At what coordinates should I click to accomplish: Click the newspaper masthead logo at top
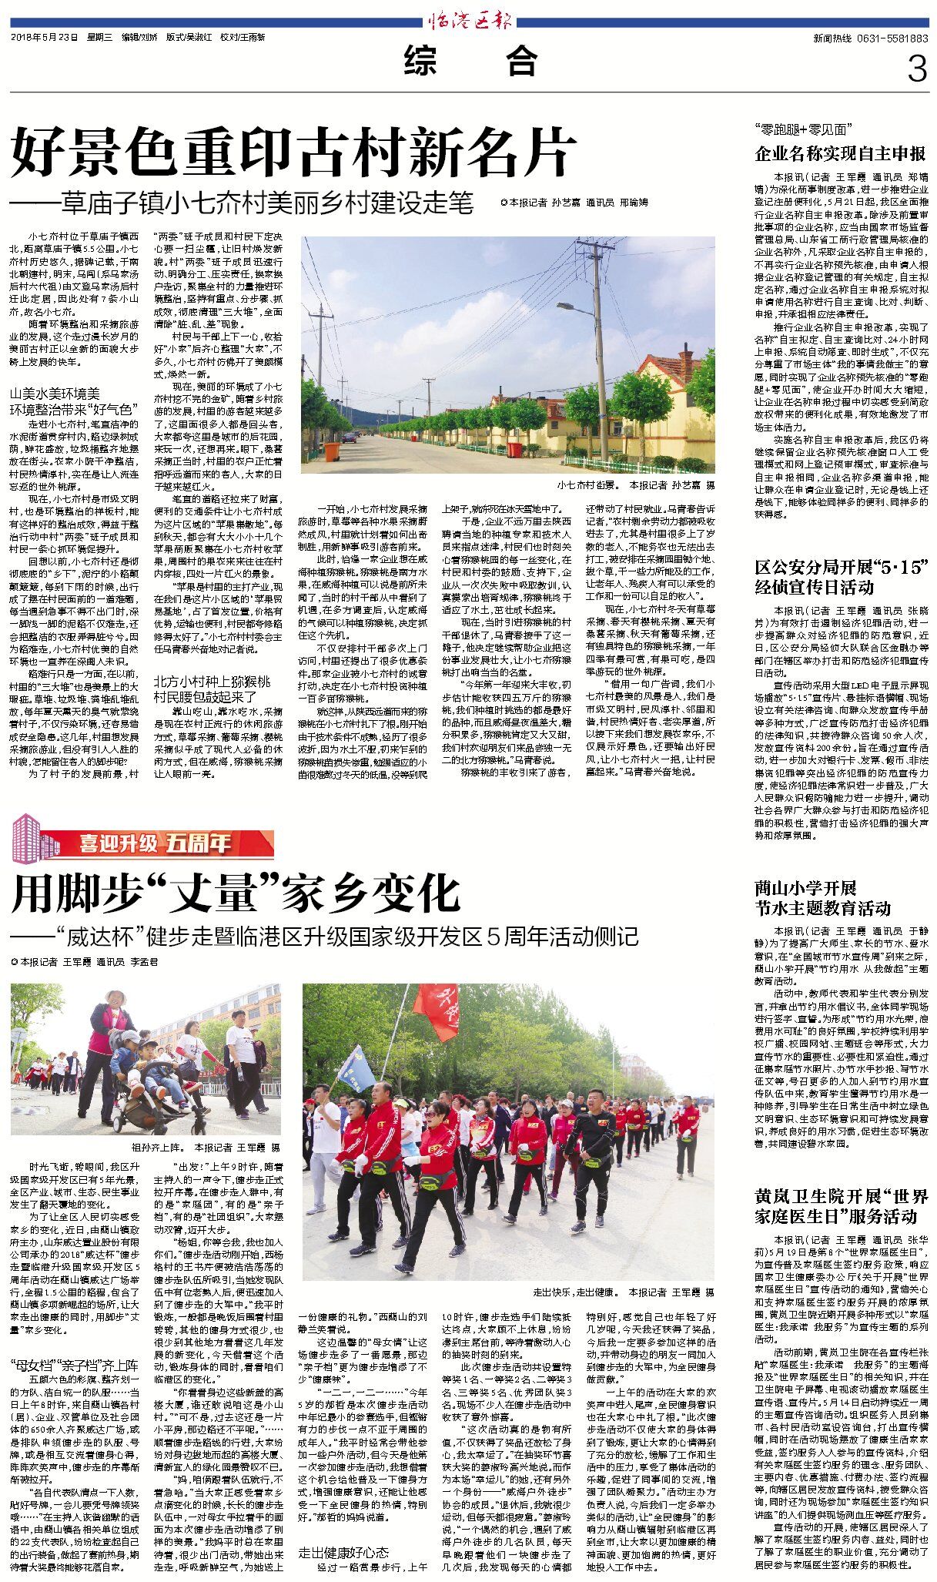coord(469,22)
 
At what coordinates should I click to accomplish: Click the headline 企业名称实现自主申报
coord(841,153)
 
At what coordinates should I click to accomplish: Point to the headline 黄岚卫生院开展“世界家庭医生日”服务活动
coord(841,1206)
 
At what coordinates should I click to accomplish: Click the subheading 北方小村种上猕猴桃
coord(212,682)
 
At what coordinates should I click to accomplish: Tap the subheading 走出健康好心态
coord(343,1530)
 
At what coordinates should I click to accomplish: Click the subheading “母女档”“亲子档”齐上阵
coord(74,1367)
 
